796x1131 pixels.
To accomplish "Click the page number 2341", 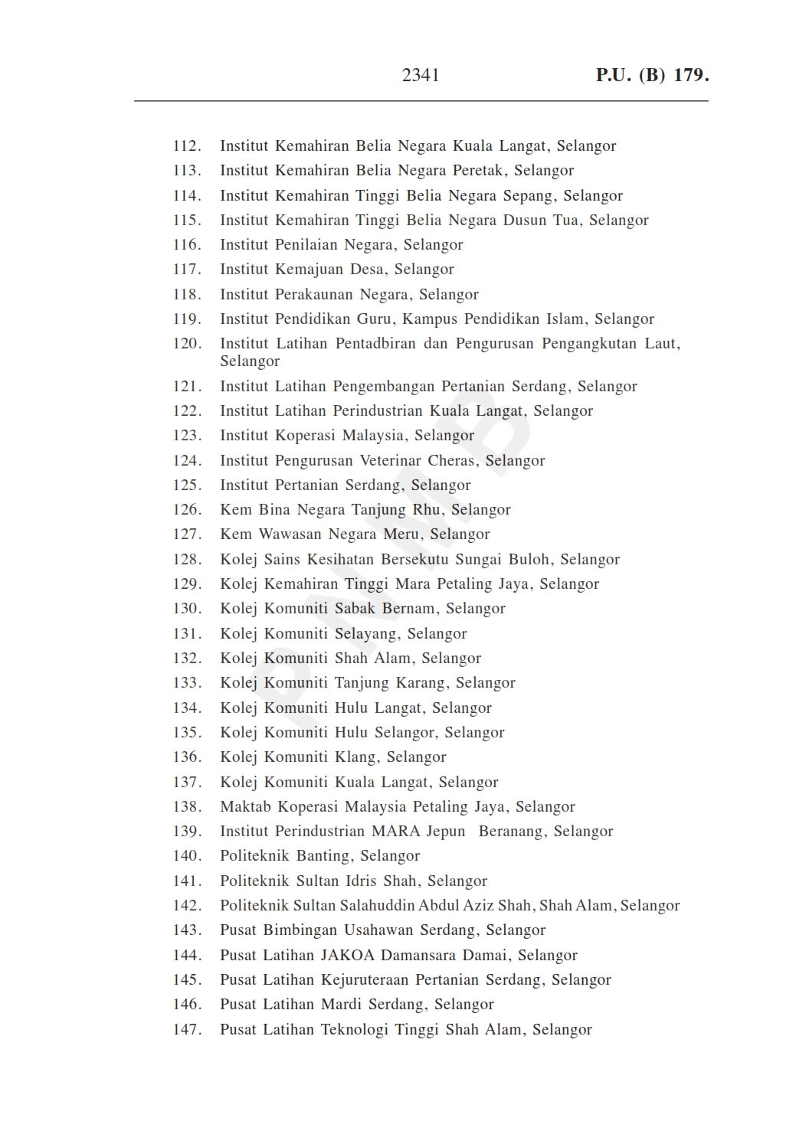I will tap(421, 75).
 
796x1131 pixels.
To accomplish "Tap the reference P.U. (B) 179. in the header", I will tap(652, 75).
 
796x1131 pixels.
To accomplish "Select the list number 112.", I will tap(187, 146).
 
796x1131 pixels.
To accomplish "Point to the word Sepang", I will tap(528, 196).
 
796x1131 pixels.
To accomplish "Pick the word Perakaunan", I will tap(313, 295).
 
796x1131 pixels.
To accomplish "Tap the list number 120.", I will tap(187, 344).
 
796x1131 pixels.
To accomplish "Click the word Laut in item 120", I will tap(661, 344).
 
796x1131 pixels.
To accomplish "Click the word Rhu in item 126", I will tap(427, 510).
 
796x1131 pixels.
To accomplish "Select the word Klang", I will tap(355, 757).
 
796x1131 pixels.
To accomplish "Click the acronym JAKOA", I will tap(347, 956).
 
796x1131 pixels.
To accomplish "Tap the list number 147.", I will tap(187, 1030).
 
